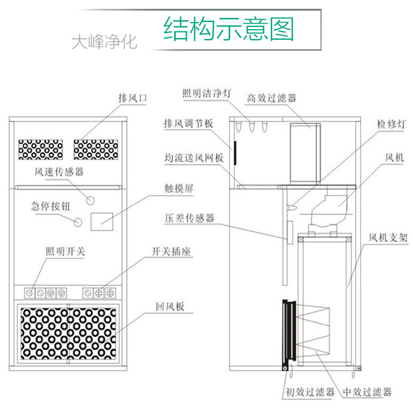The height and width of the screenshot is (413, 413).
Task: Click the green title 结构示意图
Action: pyautogui.click(x=229, y=28)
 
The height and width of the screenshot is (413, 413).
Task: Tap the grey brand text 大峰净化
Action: pyautogui.click(x=104, y=42)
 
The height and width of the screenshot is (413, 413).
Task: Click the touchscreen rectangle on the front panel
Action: pyautogui.click(x=101, y=220)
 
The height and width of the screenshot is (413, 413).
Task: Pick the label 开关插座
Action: pyautogui.click(x=175, y=252)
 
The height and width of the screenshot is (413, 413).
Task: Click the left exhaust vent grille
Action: pyautogui.click(x=40, y=149)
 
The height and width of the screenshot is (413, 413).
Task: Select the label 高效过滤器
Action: pyautogui.click(x=271, y=98)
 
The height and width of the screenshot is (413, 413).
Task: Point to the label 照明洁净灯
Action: pyautogui.click(x=206, y=93)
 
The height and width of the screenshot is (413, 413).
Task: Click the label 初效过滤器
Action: pyautogui.click(x=310, y=393)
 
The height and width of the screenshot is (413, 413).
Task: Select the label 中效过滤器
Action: pyautogui.click(x=367, y=393)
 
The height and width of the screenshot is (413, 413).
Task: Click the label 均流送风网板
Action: pyautogui.click(x=194, y=158)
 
